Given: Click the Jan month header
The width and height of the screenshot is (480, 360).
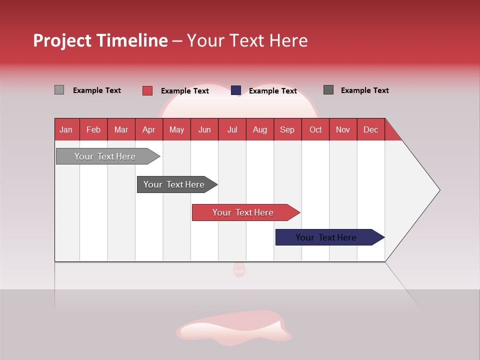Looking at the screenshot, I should (x=66, y=129).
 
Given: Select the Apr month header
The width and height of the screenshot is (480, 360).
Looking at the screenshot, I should (x=148, y=129).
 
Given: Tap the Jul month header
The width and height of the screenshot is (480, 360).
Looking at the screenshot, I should (x=232, y=129).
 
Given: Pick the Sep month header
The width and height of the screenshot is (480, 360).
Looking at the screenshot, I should (x=287, y=129).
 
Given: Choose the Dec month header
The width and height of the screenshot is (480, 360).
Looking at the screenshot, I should (x=370, y=129).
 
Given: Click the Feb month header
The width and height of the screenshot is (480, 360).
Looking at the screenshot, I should (x=93, y=129).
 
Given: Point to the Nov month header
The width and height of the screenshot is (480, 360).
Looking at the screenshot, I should (x=342, y=129).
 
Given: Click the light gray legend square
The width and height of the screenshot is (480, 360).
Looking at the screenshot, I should (x=59, y=90).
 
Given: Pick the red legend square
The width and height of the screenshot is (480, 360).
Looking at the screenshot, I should (x=147, y=90).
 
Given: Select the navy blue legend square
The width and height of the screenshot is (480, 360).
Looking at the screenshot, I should (x=236, y=90).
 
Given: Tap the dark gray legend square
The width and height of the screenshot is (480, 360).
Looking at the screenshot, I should (x=328, y=90).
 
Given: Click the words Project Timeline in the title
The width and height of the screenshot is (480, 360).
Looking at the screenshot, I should (x=100, y=40).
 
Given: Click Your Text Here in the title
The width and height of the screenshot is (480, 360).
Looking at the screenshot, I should (x=247, y=40).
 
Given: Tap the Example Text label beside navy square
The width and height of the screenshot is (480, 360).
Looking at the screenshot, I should (x=272, y=91).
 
